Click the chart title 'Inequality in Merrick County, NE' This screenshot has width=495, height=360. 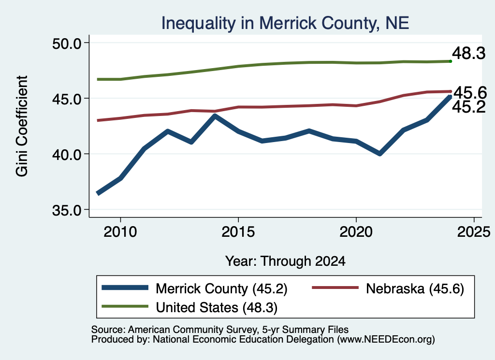pos(285,23)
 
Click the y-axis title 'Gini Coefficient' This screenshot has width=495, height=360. pos(22,126)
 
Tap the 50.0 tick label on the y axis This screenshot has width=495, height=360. pos(67,43)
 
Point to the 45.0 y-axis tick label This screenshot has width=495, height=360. pos(67,99)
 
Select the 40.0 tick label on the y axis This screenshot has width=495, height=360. pos(67,154)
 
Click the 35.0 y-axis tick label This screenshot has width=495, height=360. pos(67,210)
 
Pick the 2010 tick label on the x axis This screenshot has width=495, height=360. pos(120,232)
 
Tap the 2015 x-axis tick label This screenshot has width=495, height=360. pos(238,232)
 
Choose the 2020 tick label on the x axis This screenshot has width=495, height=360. pos(356,232)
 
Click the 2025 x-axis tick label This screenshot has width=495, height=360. pos(474,232)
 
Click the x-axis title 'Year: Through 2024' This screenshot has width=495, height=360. pos(285,261)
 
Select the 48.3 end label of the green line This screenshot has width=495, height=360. pos(469,53)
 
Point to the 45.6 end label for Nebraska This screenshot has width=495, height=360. pos(470,92)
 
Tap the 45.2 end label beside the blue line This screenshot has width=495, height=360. pos(469,107)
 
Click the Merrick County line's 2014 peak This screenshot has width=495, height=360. pos(215,116)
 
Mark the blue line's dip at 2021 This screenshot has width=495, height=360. pos(380,154)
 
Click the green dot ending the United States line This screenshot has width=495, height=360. pos(451,61)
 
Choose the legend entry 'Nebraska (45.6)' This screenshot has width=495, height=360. pos(415,288)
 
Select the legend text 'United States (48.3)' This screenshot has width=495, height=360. pos(217,308)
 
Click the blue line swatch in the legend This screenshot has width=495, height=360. pos(125,288)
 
